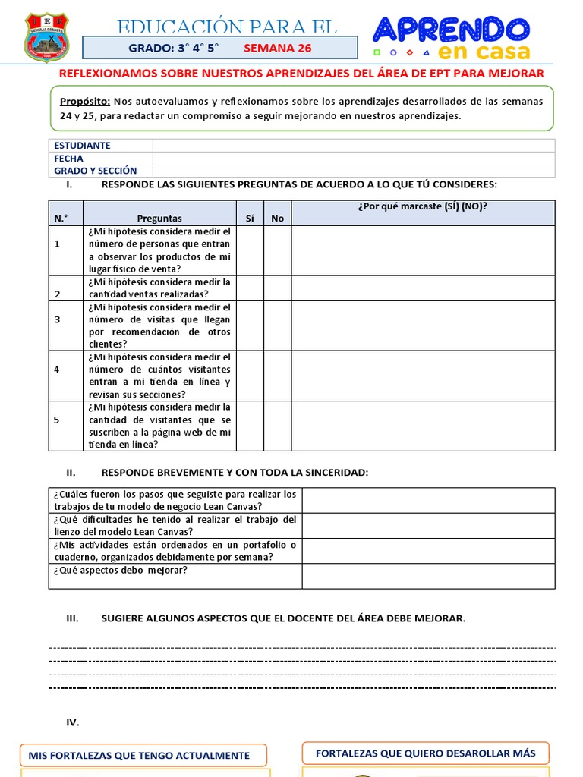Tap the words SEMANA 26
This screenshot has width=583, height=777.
pyautogui.click(x=277, y=48)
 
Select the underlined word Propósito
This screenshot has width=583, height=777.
pyautogui.click(x=85, y=101)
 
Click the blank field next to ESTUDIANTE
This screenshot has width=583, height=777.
pyautogui.click(x=353, y=146)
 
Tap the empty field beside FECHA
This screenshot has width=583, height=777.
pyautogui.click(x=353, y=159)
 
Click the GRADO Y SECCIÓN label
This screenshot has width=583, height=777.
pyautogui.click(x=95, y=171)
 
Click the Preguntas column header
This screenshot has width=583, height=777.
pyautogui.click(x=159, y=218)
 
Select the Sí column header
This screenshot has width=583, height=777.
pyautogui.click(x=250, y=218)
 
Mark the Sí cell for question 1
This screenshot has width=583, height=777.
pyautogui.click(x=250, y=250)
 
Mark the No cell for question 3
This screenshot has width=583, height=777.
pyautogui.click(x=277, y=326)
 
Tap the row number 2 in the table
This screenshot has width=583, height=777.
pyautogui.click(x=57, y=294)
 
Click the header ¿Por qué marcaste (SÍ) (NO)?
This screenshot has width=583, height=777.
pyautogui.click(x=423, y=206)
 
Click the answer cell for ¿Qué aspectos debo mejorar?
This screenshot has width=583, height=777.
pyautogui.click(x=428, y=576)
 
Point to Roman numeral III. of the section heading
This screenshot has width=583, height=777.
pyautogui.click(x=73, y=618)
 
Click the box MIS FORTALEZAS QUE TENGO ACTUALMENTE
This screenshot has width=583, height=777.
pyautogui.click(x=144, y=755)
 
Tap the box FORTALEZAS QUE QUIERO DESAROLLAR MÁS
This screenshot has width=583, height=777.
pyautogui.click(x=425, y=753)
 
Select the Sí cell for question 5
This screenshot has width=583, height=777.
pyautogui.click(x=250, y=426)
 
